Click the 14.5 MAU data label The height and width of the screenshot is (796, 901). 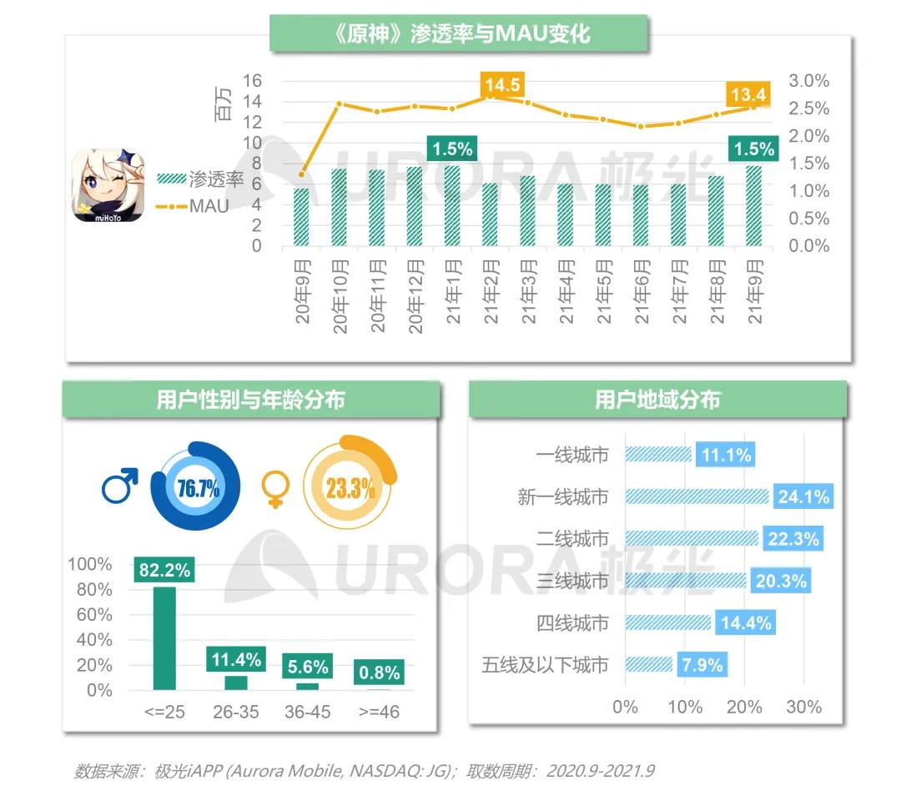(502, 85)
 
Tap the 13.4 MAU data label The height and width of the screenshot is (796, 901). (747, 94)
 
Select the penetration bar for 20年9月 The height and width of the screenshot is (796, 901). (301, 217)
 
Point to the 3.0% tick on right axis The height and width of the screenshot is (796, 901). (808, 81)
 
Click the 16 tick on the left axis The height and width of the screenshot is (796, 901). (252, 81)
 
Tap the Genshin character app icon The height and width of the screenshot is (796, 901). (107, 185)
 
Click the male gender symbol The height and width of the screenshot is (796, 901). (120, 486)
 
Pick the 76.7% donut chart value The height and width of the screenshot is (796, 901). (197, 488)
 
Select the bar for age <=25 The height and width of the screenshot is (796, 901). (164, 638)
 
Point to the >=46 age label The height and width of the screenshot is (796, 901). (379, 713)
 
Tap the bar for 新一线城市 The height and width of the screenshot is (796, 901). (697, 496)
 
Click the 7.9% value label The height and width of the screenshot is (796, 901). (702, 665)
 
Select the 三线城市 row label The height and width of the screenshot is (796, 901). (572, 581)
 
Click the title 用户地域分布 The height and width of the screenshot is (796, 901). (657, 400)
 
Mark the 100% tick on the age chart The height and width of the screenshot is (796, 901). (90, 565)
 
